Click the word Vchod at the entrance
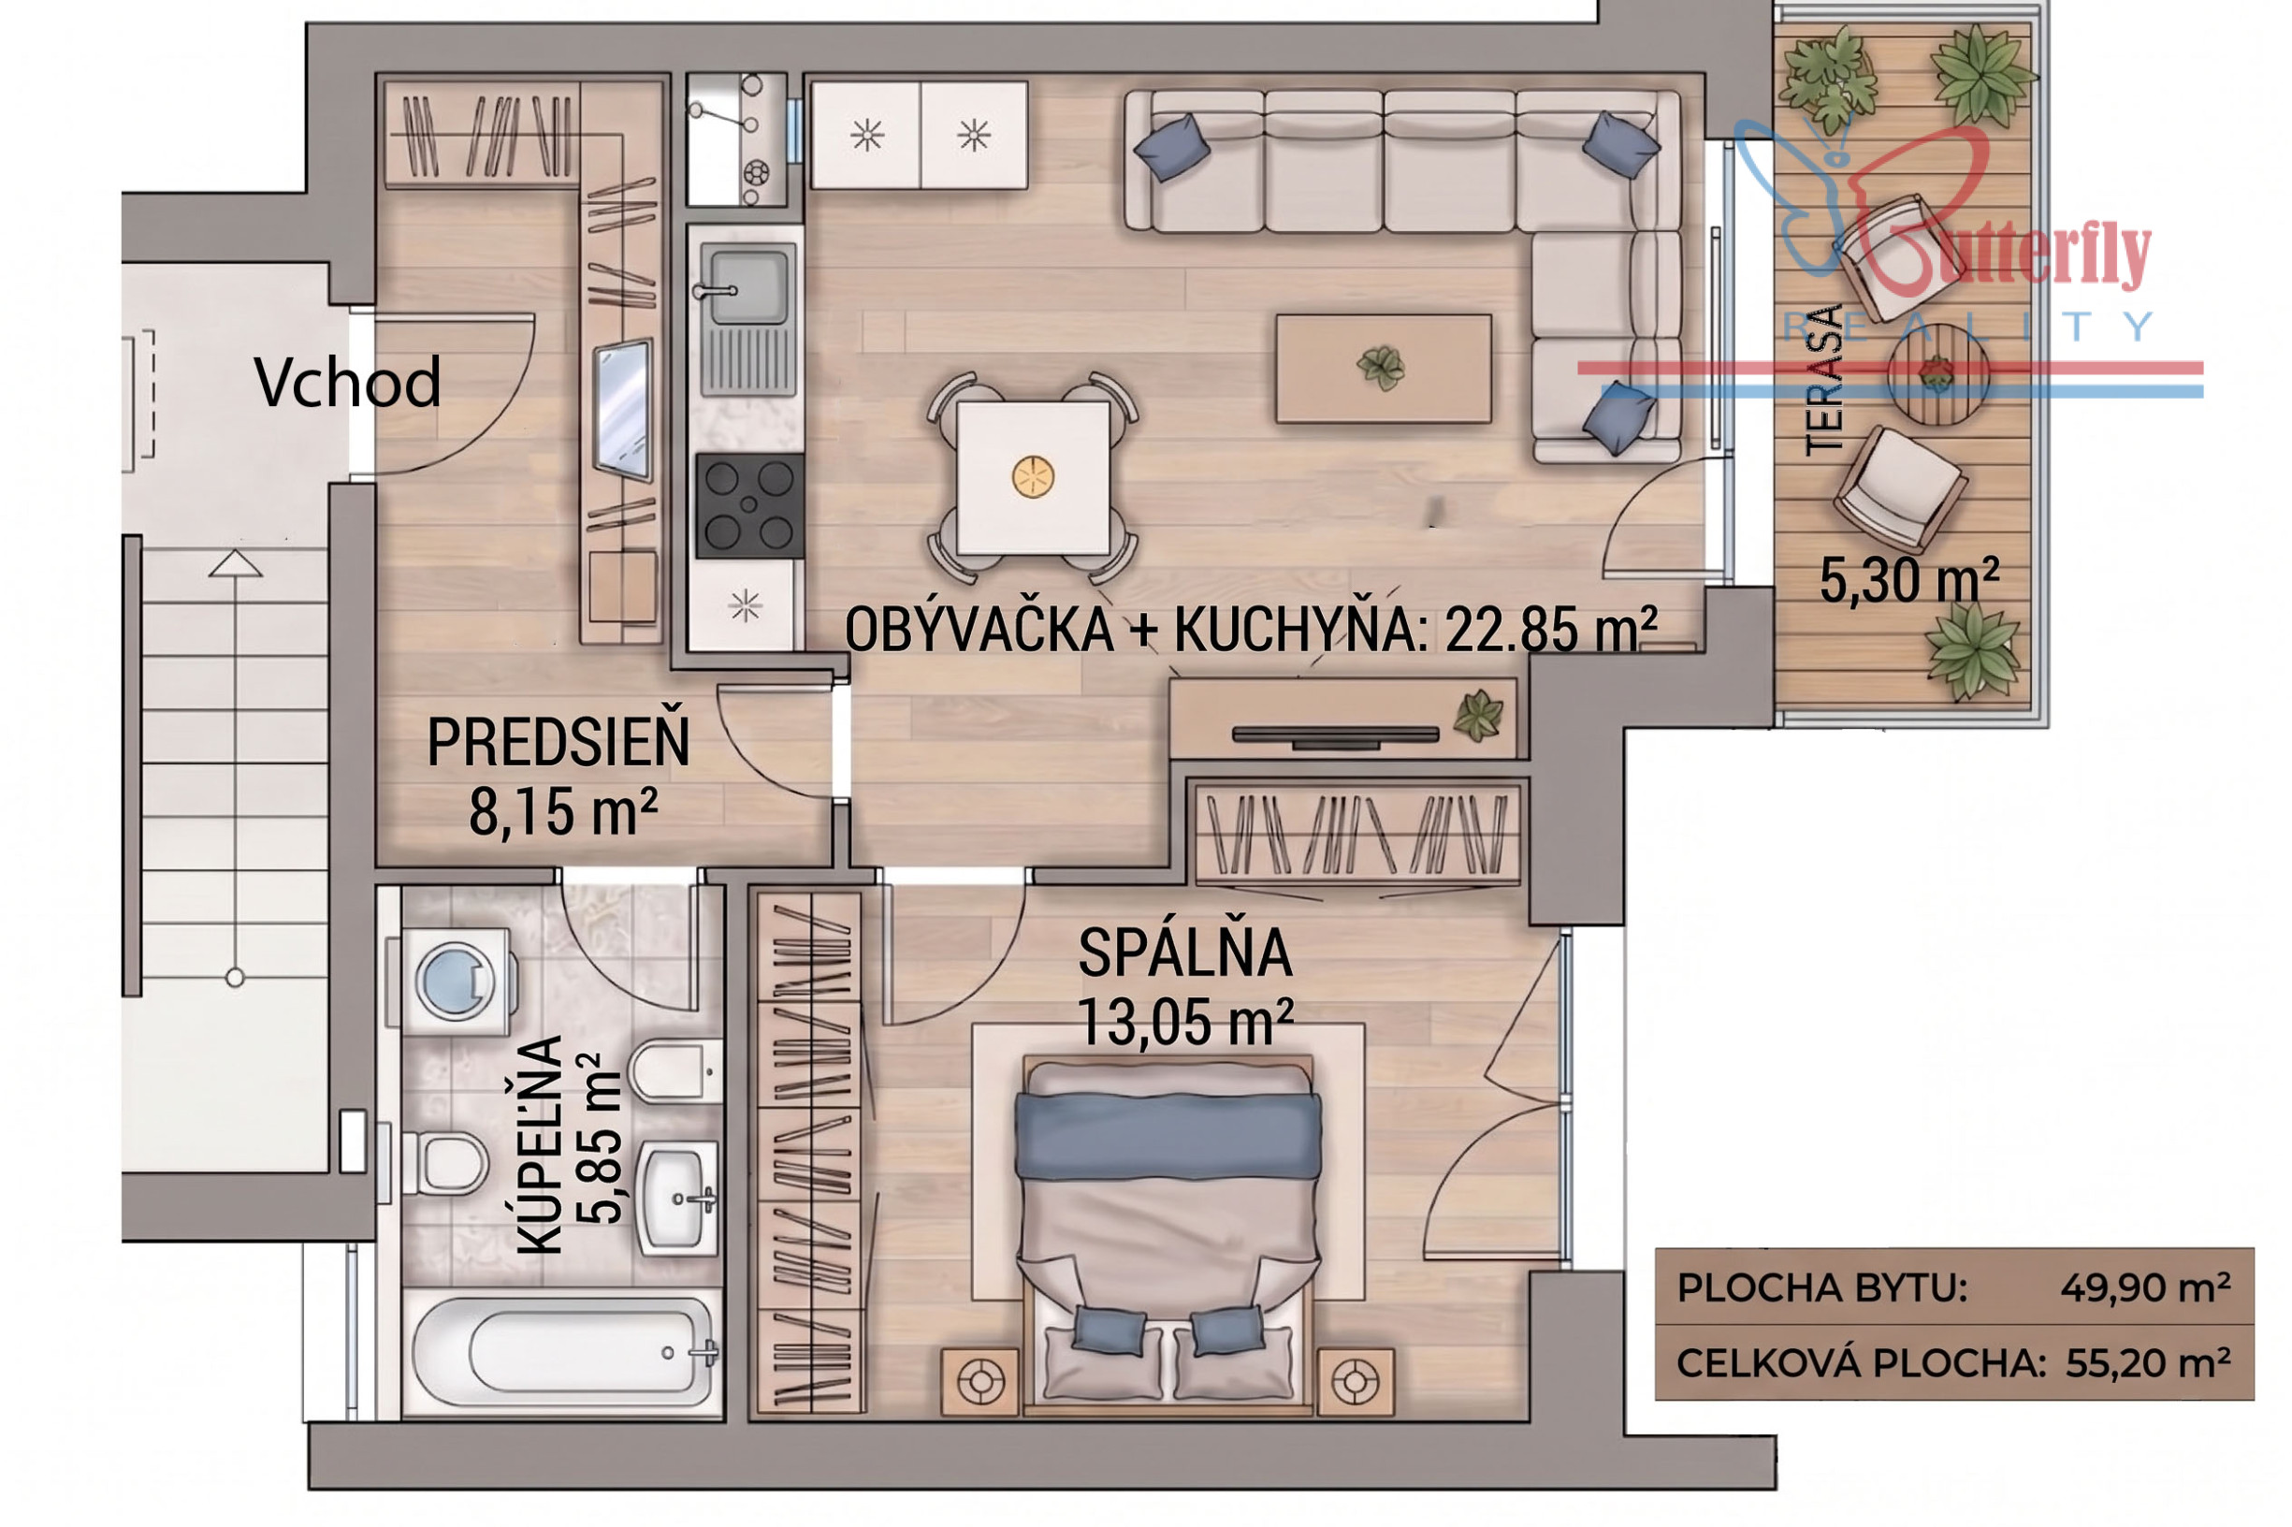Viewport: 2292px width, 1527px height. [x=348, y=382]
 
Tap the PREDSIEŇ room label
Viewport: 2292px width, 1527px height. [x=558, y=742]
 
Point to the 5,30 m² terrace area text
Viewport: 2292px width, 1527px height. [x=1908, y=580]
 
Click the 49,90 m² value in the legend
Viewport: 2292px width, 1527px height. [x=2145, y=1287]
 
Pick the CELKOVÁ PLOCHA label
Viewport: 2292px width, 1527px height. [x=1860, y=1363]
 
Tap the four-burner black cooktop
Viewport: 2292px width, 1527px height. [x=748, y=504]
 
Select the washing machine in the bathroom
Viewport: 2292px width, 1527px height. [x=454, y=981]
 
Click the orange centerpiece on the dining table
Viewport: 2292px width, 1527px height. [x=1033, y=476]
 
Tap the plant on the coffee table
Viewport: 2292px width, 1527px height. [x=1381, y=367]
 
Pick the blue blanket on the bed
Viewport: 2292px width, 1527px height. [x=1168, y=1136]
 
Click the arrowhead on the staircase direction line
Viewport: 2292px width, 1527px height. [x=235, y=563]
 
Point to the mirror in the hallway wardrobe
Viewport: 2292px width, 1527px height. [x=623, y=409]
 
